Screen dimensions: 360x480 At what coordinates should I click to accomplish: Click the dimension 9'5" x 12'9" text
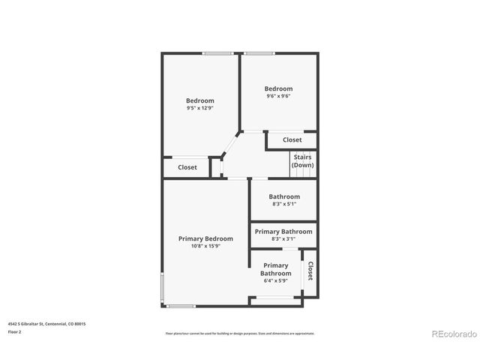pyautogui.click(x=200, y=108)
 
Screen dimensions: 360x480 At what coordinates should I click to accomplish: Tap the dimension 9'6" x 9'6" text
pyautogui.click(x=278, y=96)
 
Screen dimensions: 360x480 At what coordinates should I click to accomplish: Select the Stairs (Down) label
pyautogui.click(x=303, y=160)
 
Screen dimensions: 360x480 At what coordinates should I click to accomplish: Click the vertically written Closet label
pyautogui.click(x=310, y=271)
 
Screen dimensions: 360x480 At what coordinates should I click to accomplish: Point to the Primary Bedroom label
pyautogui.click(x=205, y=238)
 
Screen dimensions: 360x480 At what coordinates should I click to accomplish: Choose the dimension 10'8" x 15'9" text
pyautogui.click(x=205, y=246)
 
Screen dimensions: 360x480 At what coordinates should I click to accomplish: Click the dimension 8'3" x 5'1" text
pyautogui.click(x=284, y=204)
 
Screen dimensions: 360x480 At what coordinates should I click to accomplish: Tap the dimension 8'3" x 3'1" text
pyautogui.click(x=283, y=239)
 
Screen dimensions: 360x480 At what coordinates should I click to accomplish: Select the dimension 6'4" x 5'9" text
pyautogui.click(x=275, y=281)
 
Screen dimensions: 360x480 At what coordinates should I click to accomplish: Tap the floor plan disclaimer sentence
pyautogui.click(x=240, y=334)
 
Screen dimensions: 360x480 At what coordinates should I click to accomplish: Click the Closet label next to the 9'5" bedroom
pyautogui.click(x=187, y=167)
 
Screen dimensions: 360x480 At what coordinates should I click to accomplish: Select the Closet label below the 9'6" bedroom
pyautogui.click(x=292, y=140)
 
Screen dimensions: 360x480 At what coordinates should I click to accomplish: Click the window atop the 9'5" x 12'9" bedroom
pyautogui.click(x=217, y=53)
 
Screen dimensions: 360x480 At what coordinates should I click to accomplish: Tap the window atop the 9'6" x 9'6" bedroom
pyautogui.click(x=259, y=53)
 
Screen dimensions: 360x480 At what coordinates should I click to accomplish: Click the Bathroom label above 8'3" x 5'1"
pyautogui.click(x=284, y=196)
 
